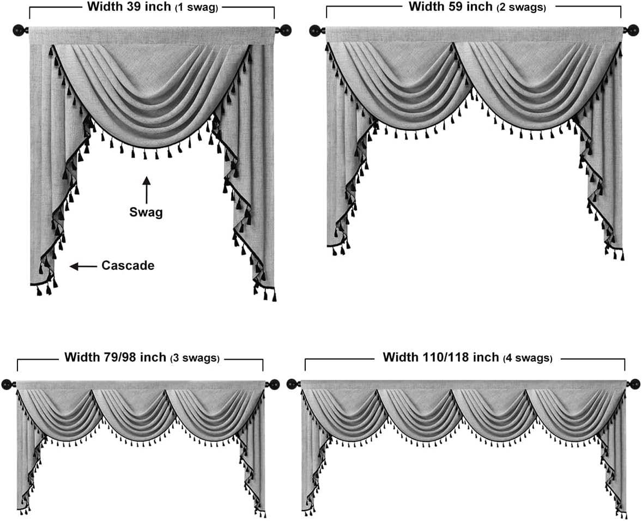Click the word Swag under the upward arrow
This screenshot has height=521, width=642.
tap(146, 213)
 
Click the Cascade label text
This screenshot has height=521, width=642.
tap(128, 266)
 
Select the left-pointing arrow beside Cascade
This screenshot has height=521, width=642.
tap(82, 266)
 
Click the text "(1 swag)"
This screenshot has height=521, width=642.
tap(197, 8)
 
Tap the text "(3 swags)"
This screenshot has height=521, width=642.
tap(195, 359)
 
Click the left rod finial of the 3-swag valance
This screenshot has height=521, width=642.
tap(8, 384)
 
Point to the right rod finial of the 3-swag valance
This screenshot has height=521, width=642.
tap(273, 384)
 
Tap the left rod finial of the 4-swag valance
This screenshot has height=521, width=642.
tap(293, 384)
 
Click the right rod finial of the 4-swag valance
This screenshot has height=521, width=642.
tap(634, 384)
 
